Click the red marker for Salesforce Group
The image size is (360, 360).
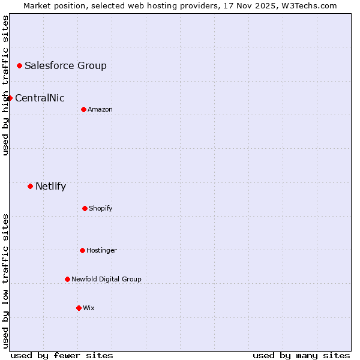point(19,65)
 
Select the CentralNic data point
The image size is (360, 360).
point(10,98)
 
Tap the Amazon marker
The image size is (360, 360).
point(83,109)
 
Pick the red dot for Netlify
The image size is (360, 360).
point(30,186)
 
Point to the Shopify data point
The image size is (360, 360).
point(85,208)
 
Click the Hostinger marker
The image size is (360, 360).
point(82,250)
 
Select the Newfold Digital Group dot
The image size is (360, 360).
point(67,279)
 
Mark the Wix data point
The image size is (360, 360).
point(79,308)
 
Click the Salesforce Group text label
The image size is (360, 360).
point(65,65)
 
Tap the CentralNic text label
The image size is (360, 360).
point(40,98)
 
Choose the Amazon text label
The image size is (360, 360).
point(100,109)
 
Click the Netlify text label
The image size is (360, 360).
point(50,186)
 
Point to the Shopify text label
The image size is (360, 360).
point(101,208)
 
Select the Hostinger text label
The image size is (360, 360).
point(101,250)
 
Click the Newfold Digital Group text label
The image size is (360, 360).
point(106,279)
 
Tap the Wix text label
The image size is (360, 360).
point(89,308)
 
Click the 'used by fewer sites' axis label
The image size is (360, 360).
point(62,355)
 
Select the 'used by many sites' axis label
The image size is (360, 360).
point(301,355)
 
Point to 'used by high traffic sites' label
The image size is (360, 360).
point(5,85)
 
